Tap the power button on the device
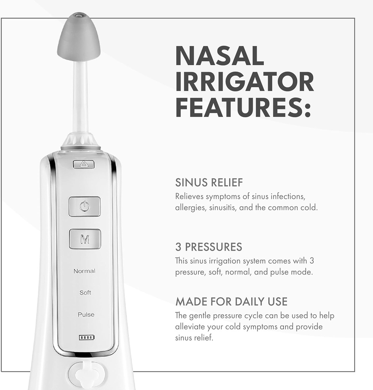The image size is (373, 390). pos(84,206)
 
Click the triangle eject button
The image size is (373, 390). pos(84,165)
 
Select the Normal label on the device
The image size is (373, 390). pos(84,271)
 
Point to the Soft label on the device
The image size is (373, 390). pos(85,293)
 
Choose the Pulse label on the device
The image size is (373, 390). pos(86,315)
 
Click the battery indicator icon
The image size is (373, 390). pos(87,337)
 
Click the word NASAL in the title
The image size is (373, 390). pos(220,56)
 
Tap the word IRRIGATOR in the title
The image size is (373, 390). pos(244,82)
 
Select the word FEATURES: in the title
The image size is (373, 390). pos(243,107)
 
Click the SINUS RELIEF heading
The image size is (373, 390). pos(209,183)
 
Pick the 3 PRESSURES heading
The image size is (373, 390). pos(209,247)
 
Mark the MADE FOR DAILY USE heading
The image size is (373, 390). pos(231,302)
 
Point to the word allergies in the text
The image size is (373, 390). pos(188,208)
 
